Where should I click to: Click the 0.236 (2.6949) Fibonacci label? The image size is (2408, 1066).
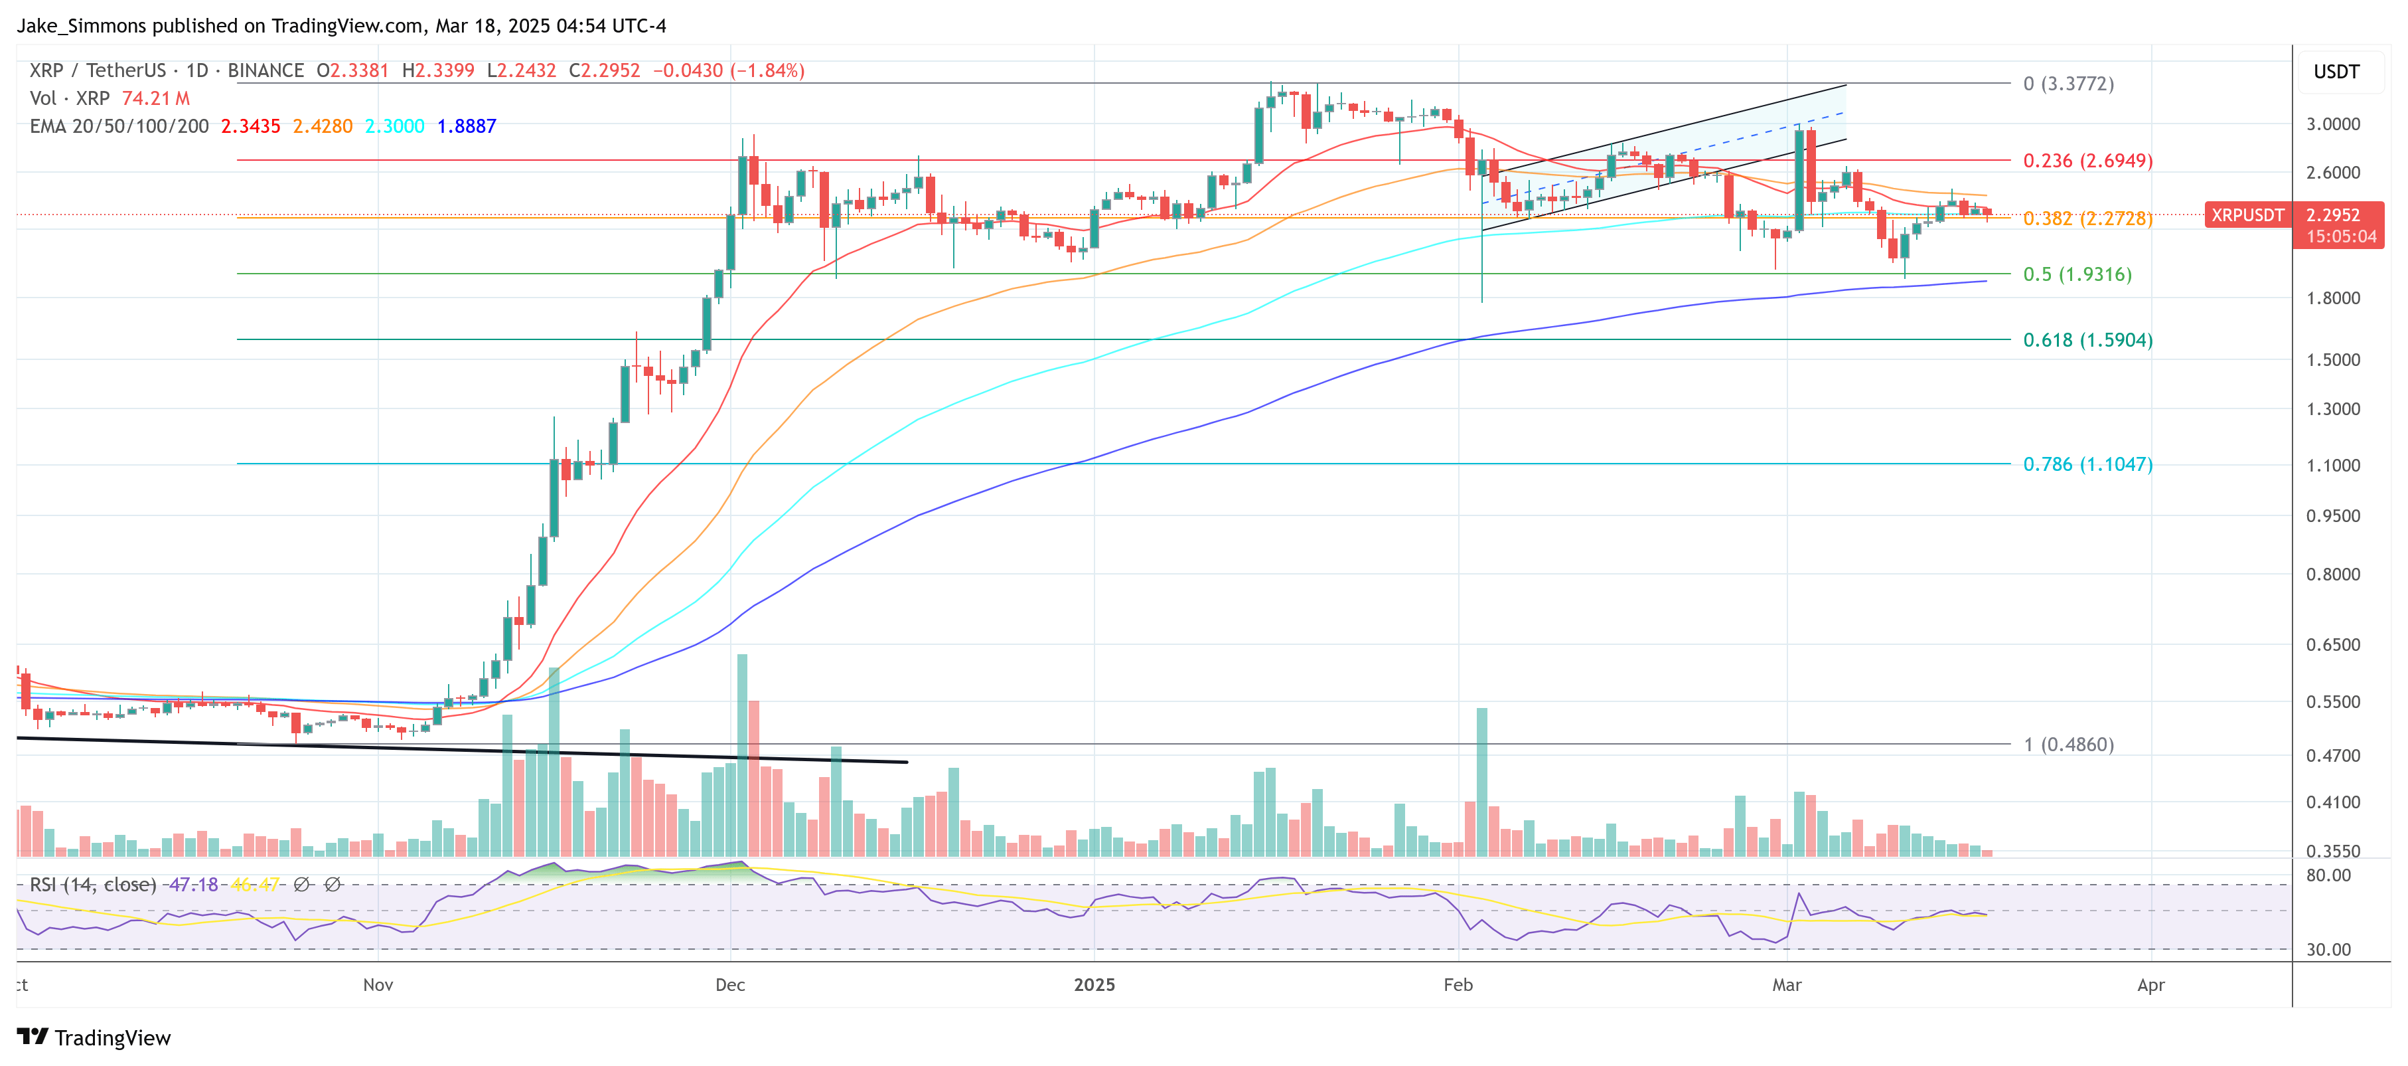2087,161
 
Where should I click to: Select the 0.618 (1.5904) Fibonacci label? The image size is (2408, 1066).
2087,340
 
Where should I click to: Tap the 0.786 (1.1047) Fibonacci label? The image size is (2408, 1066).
2087,465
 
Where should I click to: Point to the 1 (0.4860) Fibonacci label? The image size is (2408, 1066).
2068,745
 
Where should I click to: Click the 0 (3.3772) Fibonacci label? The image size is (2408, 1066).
2068,84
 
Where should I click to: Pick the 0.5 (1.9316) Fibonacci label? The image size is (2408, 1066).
2076,275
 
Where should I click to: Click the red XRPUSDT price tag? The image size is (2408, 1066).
2246,215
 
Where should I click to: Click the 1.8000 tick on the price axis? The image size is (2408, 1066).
2332,298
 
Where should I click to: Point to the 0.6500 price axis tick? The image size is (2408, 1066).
2332,645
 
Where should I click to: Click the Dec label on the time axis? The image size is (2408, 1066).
729,985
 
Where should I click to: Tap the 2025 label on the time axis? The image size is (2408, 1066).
1094,985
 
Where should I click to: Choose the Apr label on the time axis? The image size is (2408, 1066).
2150,985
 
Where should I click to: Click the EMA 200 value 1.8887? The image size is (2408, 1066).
467,126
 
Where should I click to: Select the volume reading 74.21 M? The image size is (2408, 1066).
155,98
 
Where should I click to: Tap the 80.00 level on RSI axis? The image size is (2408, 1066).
2328,876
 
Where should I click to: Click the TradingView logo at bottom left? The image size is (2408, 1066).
94,1038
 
